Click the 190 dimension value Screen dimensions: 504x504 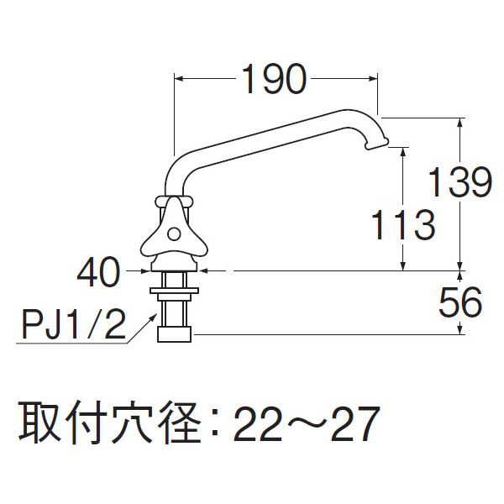273,81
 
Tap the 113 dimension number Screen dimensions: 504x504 404,225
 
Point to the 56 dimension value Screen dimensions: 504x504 460,303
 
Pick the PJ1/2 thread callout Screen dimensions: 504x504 71,323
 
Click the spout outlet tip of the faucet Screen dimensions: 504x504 376,146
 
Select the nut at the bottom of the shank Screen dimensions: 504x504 176,333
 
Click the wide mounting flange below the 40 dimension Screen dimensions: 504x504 176,292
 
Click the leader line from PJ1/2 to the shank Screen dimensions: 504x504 139,327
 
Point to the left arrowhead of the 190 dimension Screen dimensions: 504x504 178,81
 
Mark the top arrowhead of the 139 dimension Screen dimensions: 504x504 460,121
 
